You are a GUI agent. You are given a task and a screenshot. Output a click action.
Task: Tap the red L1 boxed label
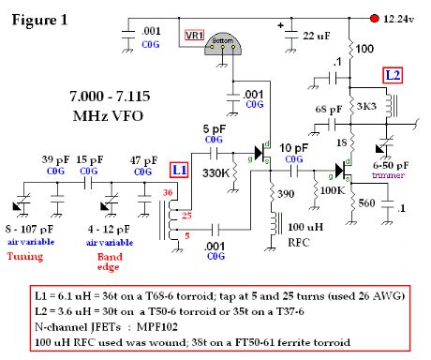(x=177, y=171)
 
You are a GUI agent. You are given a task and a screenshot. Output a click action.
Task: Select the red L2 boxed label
(x=394, y=74)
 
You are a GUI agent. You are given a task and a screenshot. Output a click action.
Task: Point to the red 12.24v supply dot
(x=374, y=18)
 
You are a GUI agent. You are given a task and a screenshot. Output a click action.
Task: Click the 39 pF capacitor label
(x=50, y=158)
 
